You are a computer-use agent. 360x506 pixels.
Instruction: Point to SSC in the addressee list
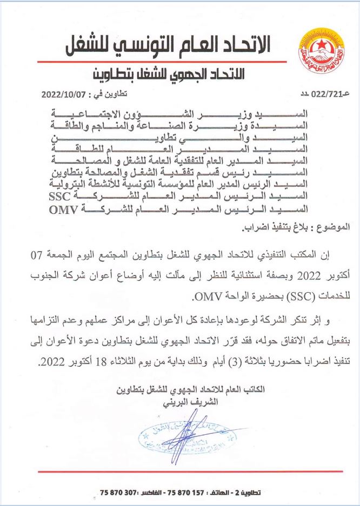(x=66, y=197)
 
